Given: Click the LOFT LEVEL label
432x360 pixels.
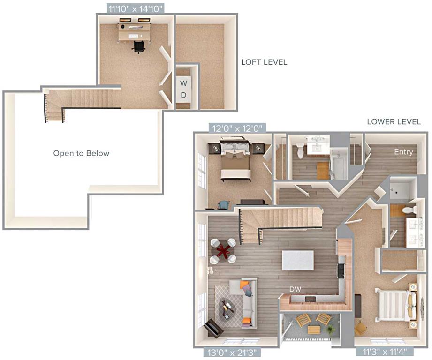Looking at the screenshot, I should tap(264, 62).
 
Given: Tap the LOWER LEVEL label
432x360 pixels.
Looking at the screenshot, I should tap(394, 122).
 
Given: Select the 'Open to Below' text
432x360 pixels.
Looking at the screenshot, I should tap(81, 153).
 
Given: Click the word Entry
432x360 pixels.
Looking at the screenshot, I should tap(403, 152).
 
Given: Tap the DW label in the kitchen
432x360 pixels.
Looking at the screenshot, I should tap(295, 290).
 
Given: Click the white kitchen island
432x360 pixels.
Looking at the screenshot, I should tap(297, 260).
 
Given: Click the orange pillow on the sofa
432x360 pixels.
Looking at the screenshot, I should tap(244, 285).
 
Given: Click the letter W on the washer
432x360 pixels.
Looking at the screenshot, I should tap(183, 83).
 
